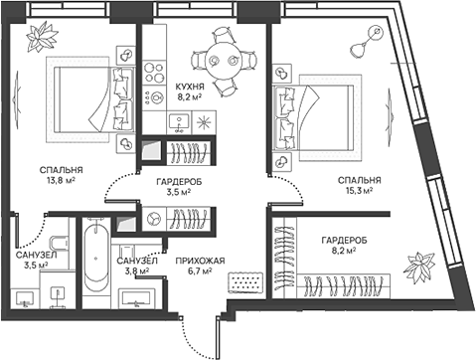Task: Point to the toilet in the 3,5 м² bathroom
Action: point(57,241)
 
